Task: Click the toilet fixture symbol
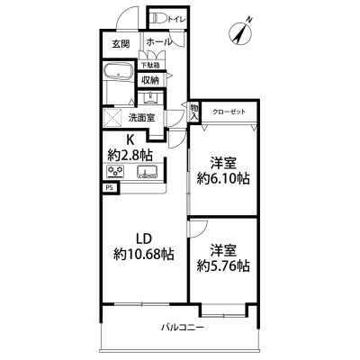pos(158,18)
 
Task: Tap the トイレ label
pos(176,19)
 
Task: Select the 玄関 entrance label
pos(121,44)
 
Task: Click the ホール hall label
pos(159,42)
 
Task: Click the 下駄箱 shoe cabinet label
pos(150,65)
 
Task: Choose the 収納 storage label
pos(150,80)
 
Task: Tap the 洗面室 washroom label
pos(141,118)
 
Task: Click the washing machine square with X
pos(112,118)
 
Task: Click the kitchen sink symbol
pos(147,172)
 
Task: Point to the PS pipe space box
pos(111,188)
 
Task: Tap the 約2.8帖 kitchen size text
pos(130,155)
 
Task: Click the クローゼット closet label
pos(229,112)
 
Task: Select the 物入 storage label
pos(194,112)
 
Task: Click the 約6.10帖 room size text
pos(223,179)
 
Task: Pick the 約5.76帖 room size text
pos(223,265)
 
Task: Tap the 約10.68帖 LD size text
pos(143,255)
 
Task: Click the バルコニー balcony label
pos(183,327)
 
